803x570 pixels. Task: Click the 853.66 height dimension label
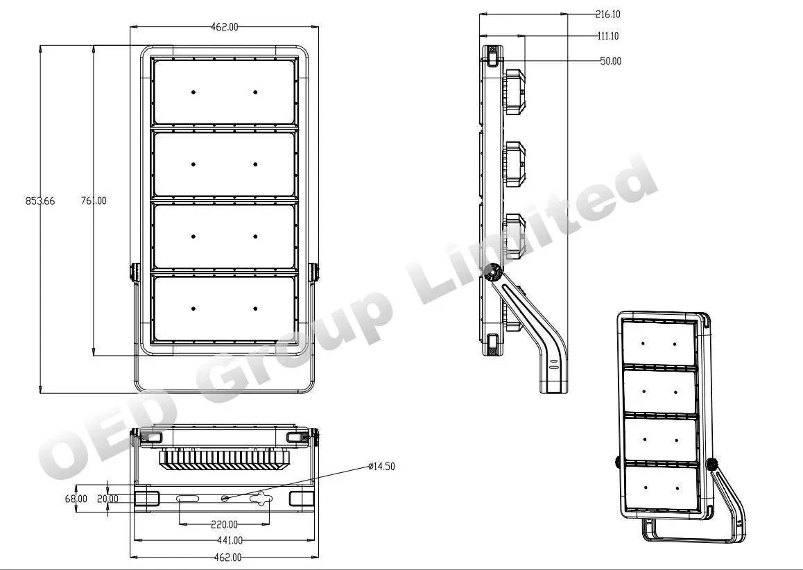click(40, 201)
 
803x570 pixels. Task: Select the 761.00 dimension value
click(94, 201)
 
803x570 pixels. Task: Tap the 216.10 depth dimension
click(608, 15)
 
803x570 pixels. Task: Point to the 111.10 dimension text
click(608, 36)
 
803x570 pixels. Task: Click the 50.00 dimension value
click(610, 62)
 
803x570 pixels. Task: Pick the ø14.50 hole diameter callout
click(381, 467)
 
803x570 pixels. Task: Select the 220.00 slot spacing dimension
click(224, 524)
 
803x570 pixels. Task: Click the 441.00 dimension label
click(229, 540)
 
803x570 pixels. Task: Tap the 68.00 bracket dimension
click(76, 499)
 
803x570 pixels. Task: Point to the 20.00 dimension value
click(107, 499)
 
